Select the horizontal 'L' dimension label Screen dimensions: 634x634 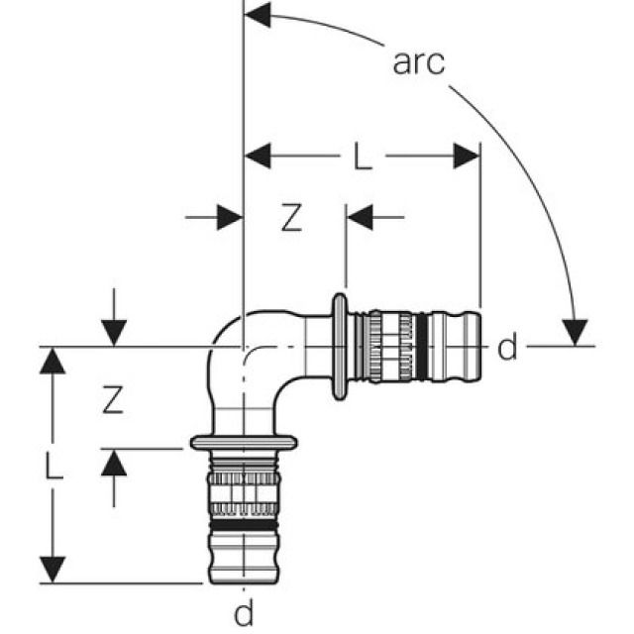[364, 156]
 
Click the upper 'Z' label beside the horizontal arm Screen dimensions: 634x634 [289, 218]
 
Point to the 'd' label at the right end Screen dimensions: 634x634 [507, 348]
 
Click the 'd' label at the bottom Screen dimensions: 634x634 [244, 613]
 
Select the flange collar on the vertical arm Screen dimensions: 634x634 [245, 441]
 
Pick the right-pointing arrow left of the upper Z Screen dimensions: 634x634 [229, 217]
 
